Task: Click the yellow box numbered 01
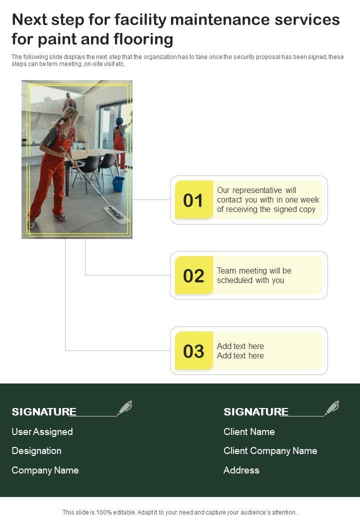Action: [194, 199]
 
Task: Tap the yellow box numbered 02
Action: [194, 275]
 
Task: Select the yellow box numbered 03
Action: [194, 350]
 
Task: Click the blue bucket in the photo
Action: [118, 184]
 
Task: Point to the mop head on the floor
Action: [116, 215]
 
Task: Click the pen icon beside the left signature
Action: [125, 407]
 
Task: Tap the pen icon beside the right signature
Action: [332, 407]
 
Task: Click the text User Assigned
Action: [42, 431]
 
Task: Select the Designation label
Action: [36, 450]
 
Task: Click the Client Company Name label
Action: [270, 450]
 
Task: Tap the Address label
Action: [241, 470]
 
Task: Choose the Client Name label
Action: [249, 431]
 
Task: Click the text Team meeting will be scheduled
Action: [254, 275]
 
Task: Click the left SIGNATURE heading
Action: [44, 411]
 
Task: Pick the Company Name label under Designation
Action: [45, 470]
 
